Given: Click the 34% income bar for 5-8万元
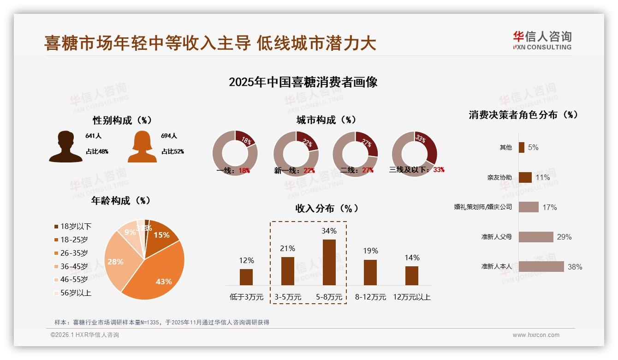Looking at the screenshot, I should click(329, 262).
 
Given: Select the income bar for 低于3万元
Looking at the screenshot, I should click(246, 277).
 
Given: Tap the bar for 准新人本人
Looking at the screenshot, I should click(541, 266).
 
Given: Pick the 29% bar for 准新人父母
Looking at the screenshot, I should click(535, 237).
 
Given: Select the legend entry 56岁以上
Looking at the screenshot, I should click(72, 293).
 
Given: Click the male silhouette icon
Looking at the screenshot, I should click(65, 147).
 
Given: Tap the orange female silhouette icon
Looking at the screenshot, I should click(142, 147).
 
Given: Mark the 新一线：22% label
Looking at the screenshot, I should click(294, 171).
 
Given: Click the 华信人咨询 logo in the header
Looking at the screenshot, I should click(542, 41).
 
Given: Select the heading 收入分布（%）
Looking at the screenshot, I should click(327, 209).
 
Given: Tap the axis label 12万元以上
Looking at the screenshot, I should click(411, 297).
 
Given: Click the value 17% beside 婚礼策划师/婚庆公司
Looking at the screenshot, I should click(549, 207).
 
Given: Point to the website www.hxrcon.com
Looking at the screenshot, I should click(536, 335).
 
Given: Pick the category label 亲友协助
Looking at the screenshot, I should click(499, 177).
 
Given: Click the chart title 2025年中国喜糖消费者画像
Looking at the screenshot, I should click(303, 82).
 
